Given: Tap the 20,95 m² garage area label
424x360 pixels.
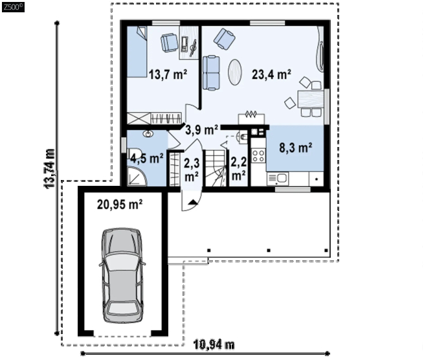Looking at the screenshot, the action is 120,205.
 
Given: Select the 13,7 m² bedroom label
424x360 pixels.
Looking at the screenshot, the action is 168,74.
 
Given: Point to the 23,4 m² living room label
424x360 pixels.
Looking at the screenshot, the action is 271,74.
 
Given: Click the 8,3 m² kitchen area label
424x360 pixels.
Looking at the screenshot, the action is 296,148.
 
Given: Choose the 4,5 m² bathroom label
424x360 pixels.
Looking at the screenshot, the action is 147,158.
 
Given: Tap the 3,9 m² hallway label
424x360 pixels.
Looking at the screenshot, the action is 202,130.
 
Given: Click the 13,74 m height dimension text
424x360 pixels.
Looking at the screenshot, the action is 49,169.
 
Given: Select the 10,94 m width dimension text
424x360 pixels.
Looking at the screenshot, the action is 214,344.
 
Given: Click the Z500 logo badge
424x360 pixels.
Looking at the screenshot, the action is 13,7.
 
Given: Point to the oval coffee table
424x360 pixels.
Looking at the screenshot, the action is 235,73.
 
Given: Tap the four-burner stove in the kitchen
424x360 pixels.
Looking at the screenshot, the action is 258,155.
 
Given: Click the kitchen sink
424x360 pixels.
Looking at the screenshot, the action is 278,179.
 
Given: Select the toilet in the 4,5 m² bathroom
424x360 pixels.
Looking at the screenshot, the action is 135,153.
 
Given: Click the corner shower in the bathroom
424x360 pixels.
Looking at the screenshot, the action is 137,176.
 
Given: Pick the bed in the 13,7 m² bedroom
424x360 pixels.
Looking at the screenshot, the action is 137,52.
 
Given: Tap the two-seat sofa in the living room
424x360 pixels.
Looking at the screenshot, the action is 211,73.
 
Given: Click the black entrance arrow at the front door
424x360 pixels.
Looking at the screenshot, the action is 192,202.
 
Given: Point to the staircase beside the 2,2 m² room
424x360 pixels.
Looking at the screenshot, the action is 216,168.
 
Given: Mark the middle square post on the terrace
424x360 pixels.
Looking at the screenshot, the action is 269,251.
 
